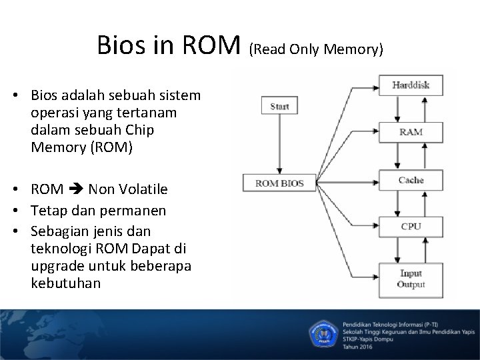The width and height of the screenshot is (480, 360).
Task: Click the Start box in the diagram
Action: (x=279, y=105)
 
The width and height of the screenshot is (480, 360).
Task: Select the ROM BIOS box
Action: (x=279, y=183)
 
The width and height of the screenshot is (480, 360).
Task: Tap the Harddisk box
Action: (x=411, y=85)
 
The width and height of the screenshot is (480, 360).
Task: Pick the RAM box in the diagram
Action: (x=411, y=131)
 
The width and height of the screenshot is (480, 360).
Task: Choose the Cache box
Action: (x=411, y=180)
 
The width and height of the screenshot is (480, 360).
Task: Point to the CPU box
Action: (x=411, y=226)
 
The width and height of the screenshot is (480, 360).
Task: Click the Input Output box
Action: (x=411, y=279)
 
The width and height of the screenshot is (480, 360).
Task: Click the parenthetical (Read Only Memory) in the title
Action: (x=317, y=50)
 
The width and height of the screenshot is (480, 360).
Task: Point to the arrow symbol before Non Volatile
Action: (x=77, y=190)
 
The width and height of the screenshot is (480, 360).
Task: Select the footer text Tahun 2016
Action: (x=358, y=347)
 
